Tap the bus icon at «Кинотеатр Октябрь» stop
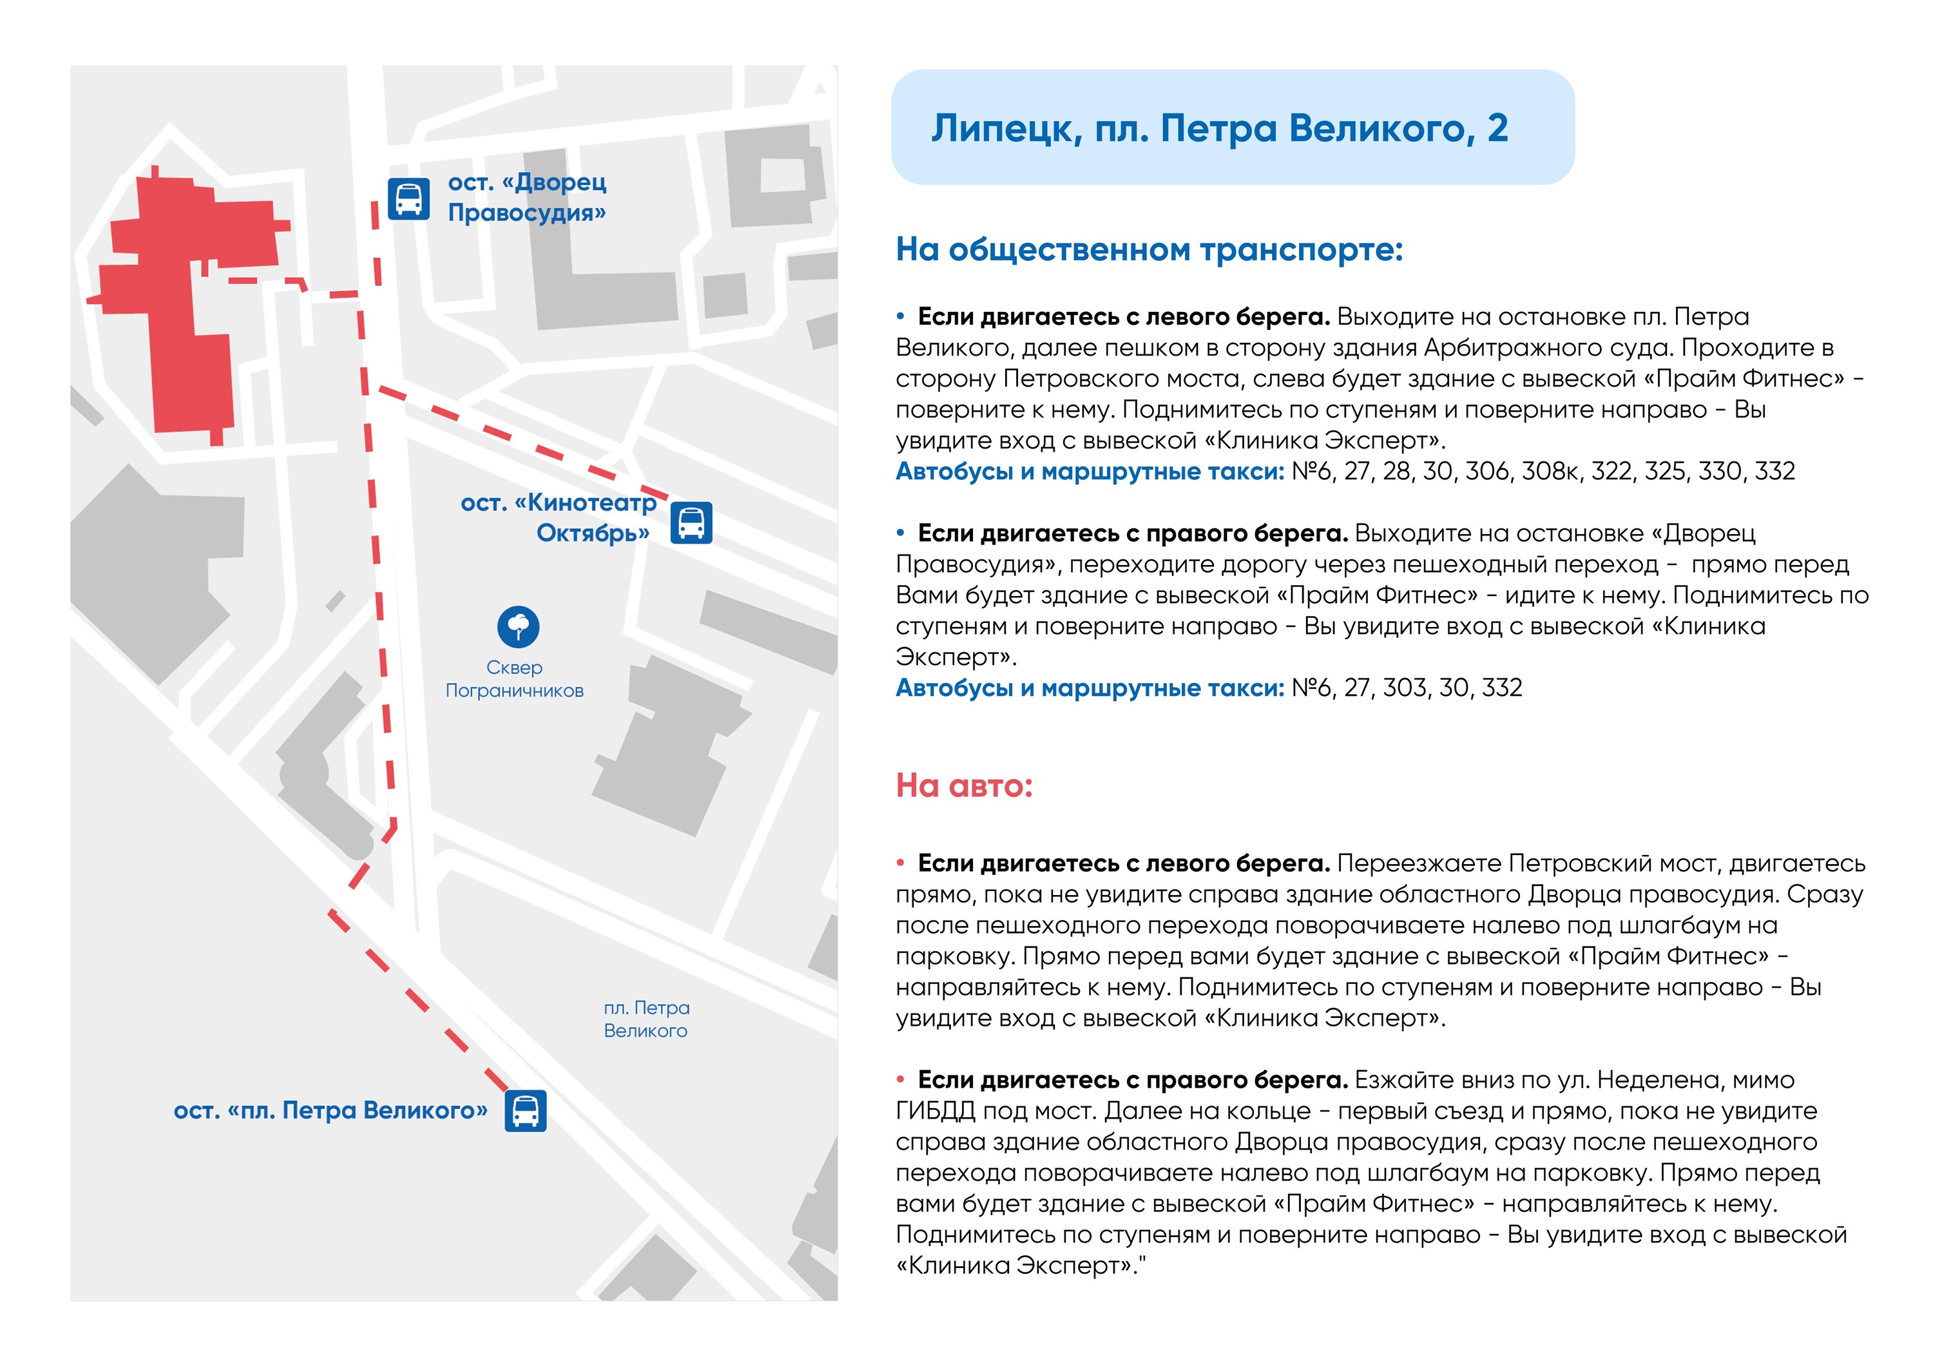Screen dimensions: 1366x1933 [691, 523]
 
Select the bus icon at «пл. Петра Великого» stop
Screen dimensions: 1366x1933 [525, 1110]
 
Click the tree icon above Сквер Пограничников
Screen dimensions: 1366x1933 [518, 626]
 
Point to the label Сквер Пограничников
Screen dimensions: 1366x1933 [514, 679]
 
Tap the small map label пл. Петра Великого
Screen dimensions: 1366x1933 [646, 1019]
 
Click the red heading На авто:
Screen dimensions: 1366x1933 [963, 785]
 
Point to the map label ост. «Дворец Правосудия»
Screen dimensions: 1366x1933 [526, 197]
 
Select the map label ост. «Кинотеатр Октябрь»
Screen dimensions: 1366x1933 [559, 517]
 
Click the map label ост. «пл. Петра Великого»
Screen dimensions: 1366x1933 [330, 1111]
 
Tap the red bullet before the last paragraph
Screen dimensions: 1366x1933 [900, 1079]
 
